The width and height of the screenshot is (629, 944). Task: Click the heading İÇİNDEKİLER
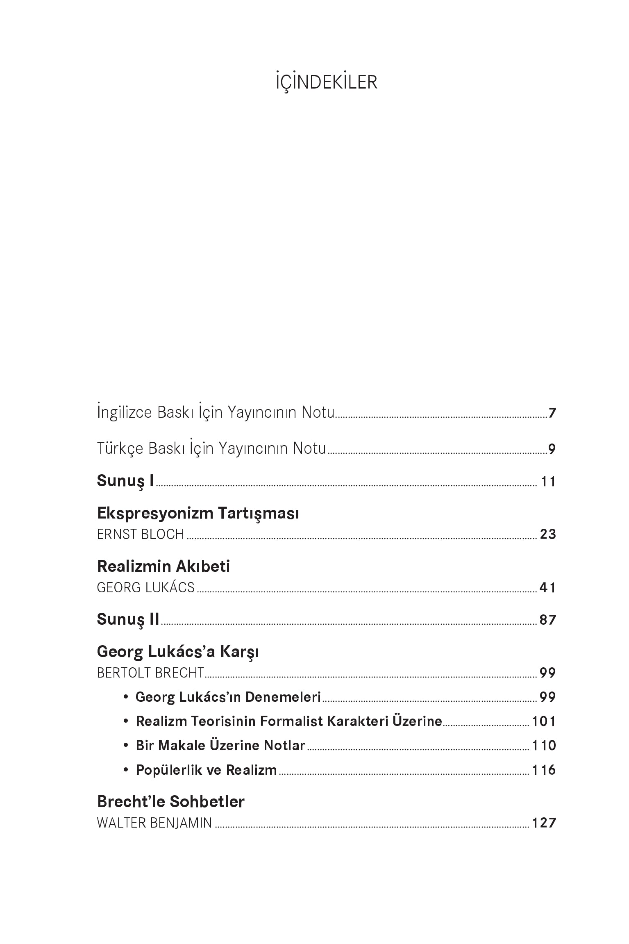326,82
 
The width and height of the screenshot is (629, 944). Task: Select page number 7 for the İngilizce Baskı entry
552,413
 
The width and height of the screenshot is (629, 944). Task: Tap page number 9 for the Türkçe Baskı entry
552,449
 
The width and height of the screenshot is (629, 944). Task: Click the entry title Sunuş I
125,480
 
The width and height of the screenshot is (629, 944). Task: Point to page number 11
548,482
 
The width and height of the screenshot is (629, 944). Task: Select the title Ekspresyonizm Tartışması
198,513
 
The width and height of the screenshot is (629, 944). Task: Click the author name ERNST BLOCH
141,534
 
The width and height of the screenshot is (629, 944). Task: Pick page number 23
548,534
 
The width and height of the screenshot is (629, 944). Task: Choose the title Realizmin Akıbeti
163,566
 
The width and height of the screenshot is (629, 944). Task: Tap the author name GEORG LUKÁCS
145,587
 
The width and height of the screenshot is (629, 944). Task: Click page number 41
548,588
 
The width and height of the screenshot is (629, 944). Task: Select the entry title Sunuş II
128,619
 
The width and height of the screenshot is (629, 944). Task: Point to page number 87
548,620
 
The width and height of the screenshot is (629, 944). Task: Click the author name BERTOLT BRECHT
150,673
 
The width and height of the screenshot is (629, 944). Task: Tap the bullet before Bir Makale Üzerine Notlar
126,745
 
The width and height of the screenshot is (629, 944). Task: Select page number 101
544,721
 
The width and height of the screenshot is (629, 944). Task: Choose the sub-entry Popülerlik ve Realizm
206,770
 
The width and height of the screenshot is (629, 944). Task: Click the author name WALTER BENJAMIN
154,823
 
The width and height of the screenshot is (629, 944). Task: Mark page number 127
544,823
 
